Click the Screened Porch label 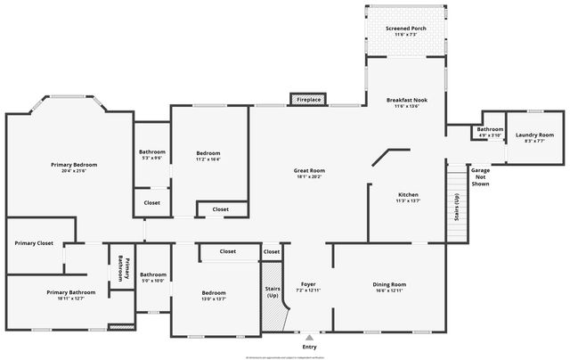click(x=406, y=29)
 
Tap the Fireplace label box click(x=309, y=100)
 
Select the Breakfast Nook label click(x=407, y=100)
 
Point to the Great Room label click(x=309, y=170)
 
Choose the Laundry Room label click(x=534, y=135)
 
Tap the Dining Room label click(x=388, y=284)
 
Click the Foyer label click(x=308, y=284)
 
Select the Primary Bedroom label click(x=74, y=165)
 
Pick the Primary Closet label click(x=34, y=242)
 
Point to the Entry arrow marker click(x=309, y=338)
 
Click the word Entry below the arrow click(x=309, y=347)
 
